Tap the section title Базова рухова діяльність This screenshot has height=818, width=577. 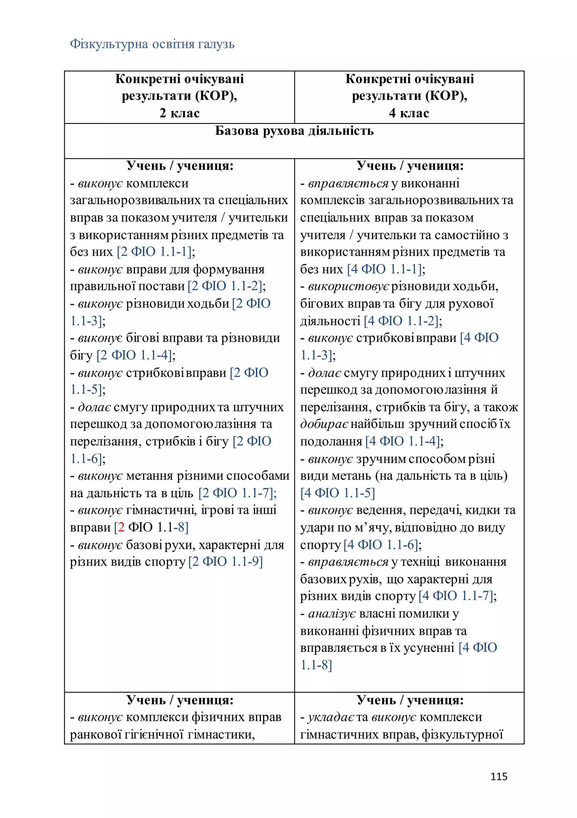coord(294,131)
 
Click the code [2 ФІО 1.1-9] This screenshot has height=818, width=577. coord(226,562)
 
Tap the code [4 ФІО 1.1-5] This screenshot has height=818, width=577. coord(338,493)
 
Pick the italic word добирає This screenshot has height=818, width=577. coord(324,424)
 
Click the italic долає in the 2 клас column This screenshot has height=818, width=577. coord(94,407)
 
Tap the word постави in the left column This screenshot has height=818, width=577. coord(162,286)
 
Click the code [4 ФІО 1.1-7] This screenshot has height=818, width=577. coord(457,596)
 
